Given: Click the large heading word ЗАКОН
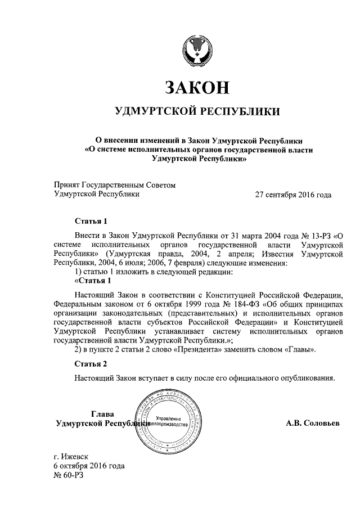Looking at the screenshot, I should click(x=196, y=87).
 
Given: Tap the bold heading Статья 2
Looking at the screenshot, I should click(x=90, y=364).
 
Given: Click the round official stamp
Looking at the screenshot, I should click(x=168, y=421).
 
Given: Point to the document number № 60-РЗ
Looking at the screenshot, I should click(x=69, y=476).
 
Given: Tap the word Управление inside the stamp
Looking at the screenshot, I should click(x=169, y=418).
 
